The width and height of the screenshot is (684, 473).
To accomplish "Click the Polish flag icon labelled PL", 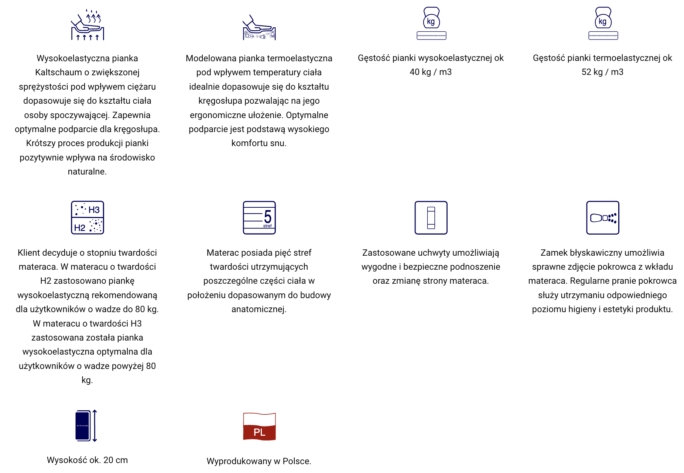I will [259, 427].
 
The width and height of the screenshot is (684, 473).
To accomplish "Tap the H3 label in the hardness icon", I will [94, 210].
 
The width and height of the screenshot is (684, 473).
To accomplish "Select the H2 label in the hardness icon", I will [80, 228].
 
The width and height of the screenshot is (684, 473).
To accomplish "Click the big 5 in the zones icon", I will [267, 216].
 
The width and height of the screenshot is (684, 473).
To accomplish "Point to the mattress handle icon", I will [431, 218].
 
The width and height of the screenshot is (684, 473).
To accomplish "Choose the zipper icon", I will [603, 218].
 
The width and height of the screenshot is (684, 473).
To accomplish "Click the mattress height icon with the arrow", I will [86, 425].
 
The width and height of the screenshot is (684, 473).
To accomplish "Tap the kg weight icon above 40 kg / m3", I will [431, 23].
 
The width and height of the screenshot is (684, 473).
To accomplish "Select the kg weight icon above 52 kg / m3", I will [603, 23].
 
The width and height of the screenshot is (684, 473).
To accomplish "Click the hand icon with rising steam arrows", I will [88, 25].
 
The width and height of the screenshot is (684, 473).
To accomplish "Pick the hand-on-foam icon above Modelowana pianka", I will [259, 28].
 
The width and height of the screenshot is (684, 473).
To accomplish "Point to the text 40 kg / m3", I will [431, 72].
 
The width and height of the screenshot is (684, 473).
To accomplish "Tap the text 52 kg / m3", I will [602, 72].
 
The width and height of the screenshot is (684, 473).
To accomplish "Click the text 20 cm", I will [116, 460].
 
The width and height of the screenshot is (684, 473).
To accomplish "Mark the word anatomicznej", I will [259, 309].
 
